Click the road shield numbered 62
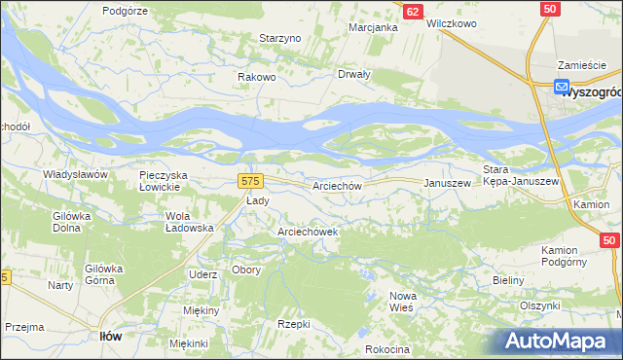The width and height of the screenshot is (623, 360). [413, 11]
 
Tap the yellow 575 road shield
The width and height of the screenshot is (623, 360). [250, 181]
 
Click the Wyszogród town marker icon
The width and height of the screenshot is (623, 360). [563, 87]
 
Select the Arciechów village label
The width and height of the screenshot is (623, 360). [337, 186]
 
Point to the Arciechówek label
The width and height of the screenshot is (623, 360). [308, 233]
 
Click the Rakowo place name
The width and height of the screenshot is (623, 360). [257, 77]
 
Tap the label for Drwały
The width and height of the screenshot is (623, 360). [353, 74]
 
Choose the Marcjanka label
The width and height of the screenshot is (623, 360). [374, 27]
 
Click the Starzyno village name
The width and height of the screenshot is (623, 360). [281, 38]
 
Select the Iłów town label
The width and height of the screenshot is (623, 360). [111, 336]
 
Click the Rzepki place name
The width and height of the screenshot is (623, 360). [294, 324]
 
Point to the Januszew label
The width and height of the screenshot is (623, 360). [447, 183]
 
